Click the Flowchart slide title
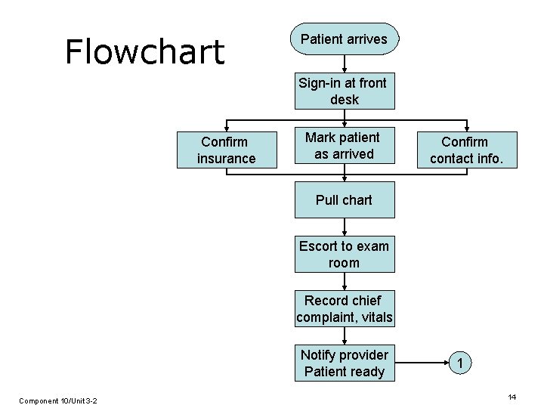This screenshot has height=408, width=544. [x=144, y=51]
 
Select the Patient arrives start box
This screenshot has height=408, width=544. [x=344, y=39]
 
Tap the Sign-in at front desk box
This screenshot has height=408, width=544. [x=345, y=91]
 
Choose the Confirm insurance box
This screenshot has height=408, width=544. [x=226, y=150]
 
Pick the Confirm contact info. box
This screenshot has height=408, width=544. [x=465, y=150]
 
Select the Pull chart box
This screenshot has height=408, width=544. [x=345, y=200]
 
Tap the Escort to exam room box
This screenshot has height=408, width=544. [x=345, y=255]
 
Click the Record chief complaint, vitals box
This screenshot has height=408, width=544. [x=345, y=309]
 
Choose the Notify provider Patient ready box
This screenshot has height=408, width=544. [x=345, y=363]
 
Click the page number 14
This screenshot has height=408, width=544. [x=512, y=397]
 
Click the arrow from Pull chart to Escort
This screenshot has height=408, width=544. [x=345, y=227]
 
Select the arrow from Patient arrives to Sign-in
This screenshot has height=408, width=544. [x=345, y=64]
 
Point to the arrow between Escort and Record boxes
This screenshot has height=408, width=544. [x=345, y=281]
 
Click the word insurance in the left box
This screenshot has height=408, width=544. [x=226, y=159]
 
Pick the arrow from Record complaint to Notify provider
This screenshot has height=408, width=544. [x=345, y=336]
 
